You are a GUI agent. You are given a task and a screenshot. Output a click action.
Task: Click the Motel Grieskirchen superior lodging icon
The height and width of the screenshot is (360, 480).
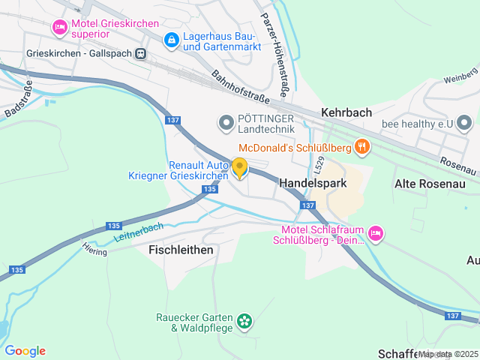pyautogui.click(x=59, y=28)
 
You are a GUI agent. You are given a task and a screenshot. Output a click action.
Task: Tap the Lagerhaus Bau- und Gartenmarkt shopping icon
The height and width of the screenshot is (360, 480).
pyautogui.click(x=172, y=39)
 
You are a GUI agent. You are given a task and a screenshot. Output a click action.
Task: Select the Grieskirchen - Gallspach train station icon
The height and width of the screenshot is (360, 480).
pyautogui.click(x=139, y=54)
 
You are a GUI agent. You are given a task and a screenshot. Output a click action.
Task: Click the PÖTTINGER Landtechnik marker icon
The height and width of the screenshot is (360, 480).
pyautogui.click(x=225, y=122)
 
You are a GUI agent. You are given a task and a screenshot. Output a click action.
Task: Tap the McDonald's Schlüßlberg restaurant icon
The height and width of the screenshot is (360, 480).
pyautogui.click(x=362, y=146)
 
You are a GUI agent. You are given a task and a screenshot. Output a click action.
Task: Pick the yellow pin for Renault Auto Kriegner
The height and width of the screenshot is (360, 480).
pyautogui.click(x=239, y=168)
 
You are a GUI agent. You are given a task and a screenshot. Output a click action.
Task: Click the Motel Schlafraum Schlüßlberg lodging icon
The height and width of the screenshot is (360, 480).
pyautogui.click(x=376, y=234)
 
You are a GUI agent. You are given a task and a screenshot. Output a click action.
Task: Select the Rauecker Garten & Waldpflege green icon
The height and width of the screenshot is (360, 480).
pyautogui.click(x=244, y=322)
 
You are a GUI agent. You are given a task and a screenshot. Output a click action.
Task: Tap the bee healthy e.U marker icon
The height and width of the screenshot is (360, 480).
pyautogui.click(x=464, y=121)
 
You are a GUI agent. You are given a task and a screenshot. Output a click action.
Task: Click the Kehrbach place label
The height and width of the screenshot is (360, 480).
pyautogui.click(x=346, y=112)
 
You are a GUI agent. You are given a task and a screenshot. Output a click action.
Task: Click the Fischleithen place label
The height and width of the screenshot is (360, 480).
pyautogui.click(x=181, y=249)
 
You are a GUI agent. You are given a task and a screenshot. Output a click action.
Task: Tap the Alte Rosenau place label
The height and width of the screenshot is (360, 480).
pyautogui.click(x=430, y=183)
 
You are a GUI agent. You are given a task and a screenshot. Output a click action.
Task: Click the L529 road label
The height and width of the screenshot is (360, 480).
pyautogui.click(x=319, y=164)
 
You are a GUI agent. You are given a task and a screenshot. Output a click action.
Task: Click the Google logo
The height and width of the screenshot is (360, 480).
pyautogui.click(x=25, y=350)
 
